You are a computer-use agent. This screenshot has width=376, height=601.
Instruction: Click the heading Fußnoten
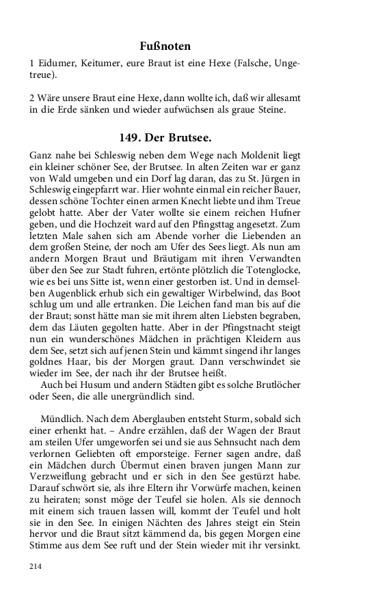(163, 46)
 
